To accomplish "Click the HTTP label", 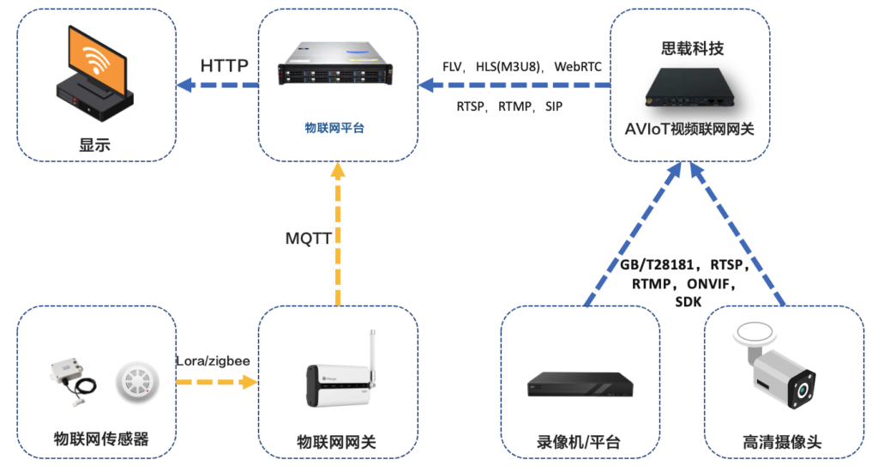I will click(224, 65).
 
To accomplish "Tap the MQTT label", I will click(310, 237).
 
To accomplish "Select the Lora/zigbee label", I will click(213, 361).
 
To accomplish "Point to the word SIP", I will click(554, 106).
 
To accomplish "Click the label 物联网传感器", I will click(96, 439).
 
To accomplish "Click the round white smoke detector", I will click(137, 381).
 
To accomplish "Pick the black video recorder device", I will click(580, 384).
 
